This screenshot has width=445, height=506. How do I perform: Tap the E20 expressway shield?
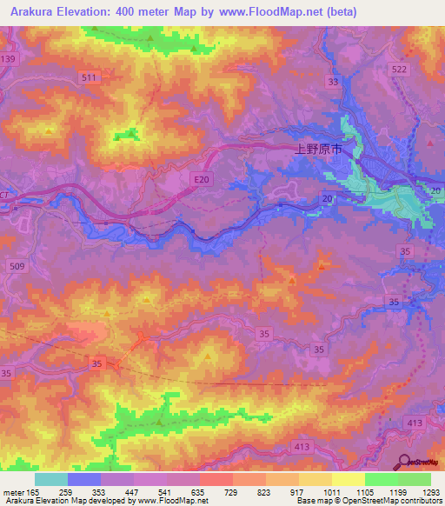pos(201,179)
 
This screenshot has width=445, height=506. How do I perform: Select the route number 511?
pos(89,77)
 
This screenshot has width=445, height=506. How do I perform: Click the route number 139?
pos(9,58)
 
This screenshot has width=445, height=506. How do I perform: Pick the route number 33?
pos(333,82)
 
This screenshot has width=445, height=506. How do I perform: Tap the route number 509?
pos(15,265)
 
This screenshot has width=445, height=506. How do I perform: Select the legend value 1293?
pos(430,491)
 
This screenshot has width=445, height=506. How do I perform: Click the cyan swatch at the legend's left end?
pos(50,479)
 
